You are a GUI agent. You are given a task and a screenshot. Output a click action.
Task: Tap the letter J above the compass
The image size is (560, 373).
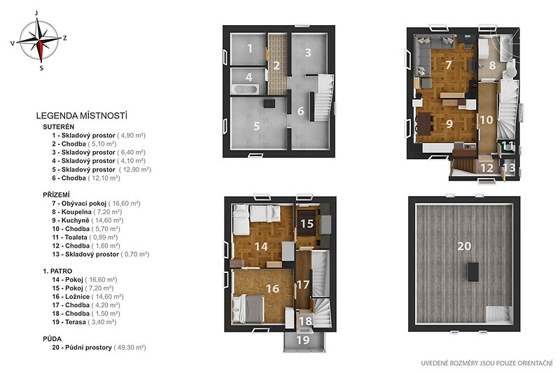click(x=36, y=13)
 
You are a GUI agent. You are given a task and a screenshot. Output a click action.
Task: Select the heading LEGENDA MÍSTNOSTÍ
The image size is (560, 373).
click(x=82, y=115)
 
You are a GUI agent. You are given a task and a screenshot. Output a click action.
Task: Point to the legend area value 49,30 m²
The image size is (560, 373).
click(x=129, y=347)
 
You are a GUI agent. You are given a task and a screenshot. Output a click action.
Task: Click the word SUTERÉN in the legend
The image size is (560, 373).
click(x=59, y=127)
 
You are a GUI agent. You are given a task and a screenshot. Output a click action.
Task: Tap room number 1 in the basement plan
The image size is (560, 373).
click(x=250, y=48)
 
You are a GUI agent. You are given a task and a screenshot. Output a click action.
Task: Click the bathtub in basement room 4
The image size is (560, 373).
click(x=245, y=89)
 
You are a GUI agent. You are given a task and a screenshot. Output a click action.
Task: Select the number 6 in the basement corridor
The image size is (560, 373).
click(x=301, y=111)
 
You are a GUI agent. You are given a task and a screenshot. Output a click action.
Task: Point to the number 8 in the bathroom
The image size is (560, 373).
click(x=493, y=66)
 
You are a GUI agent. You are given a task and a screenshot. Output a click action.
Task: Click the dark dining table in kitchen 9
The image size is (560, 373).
click(x=425, y=123)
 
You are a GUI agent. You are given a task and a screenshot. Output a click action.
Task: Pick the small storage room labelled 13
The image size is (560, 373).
click(x=510, y=168)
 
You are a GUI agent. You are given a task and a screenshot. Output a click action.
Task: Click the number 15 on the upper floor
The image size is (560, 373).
click(x=307, y=224)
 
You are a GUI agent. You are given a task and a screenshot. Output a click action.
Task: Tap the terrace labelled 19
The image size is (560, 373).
click(x=304, y=340)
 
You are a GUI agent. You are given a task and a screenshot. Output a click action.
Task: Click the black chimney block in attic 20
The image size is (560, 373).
click(x=474, y=272)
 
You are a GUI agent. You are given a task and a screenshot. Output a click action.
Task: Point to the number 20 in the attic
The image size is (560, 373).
click(x=464, y=246)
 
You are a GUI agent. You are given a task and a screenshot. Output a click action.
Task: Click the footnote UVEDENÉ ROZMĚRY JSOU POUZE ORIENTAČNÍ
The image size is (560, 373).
click(x=486, y=363)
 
